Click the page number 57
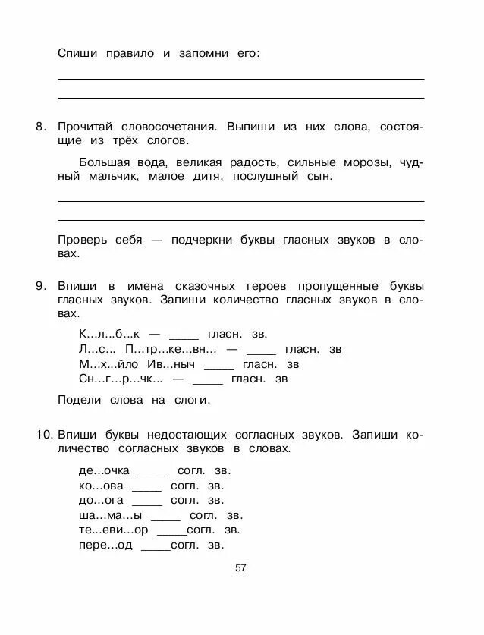tap(241, 568)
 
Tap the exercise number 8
tap(41, 127)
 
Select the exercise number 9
tap(41, 286)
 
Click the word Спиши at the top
tap(76, 53)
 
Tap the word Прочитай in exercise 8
tap(86, 127)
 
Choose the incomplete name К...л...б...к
tap(109, 334)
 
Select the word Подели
tap(77, 400)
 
